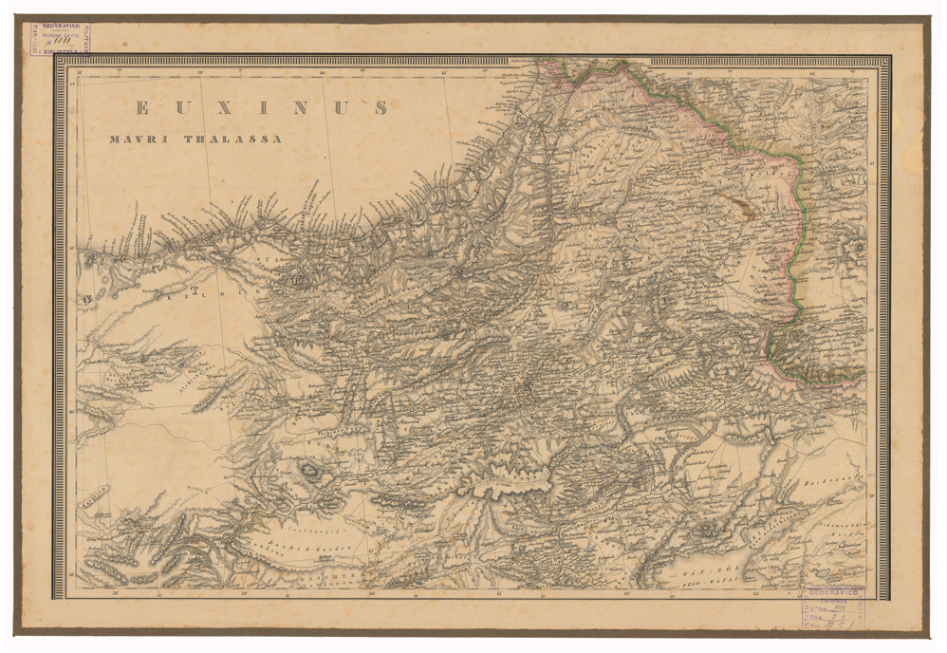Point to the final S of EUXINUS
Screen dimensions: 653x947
pos(381,108)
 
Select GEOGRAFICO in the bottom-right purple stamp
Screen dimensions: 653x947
pos(832,592)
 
